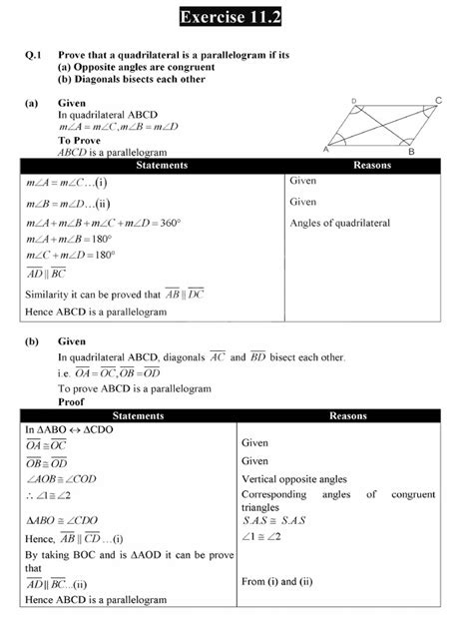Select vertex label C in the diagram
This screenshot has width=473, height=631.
pyautogui.click(x=439, y=101)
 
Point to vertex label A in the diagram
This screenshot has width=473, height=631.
pyautogui.click(x=326, y=150)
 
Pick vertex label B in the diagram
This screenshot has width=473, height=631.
pyautogui.click(x=411, y=152)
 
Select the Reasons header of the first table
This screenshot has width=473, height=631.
pyautogui.click(x=362, y=164)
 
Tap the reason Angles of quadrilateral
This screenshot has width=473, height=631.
pyautogui.click(x=339, y=223)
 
